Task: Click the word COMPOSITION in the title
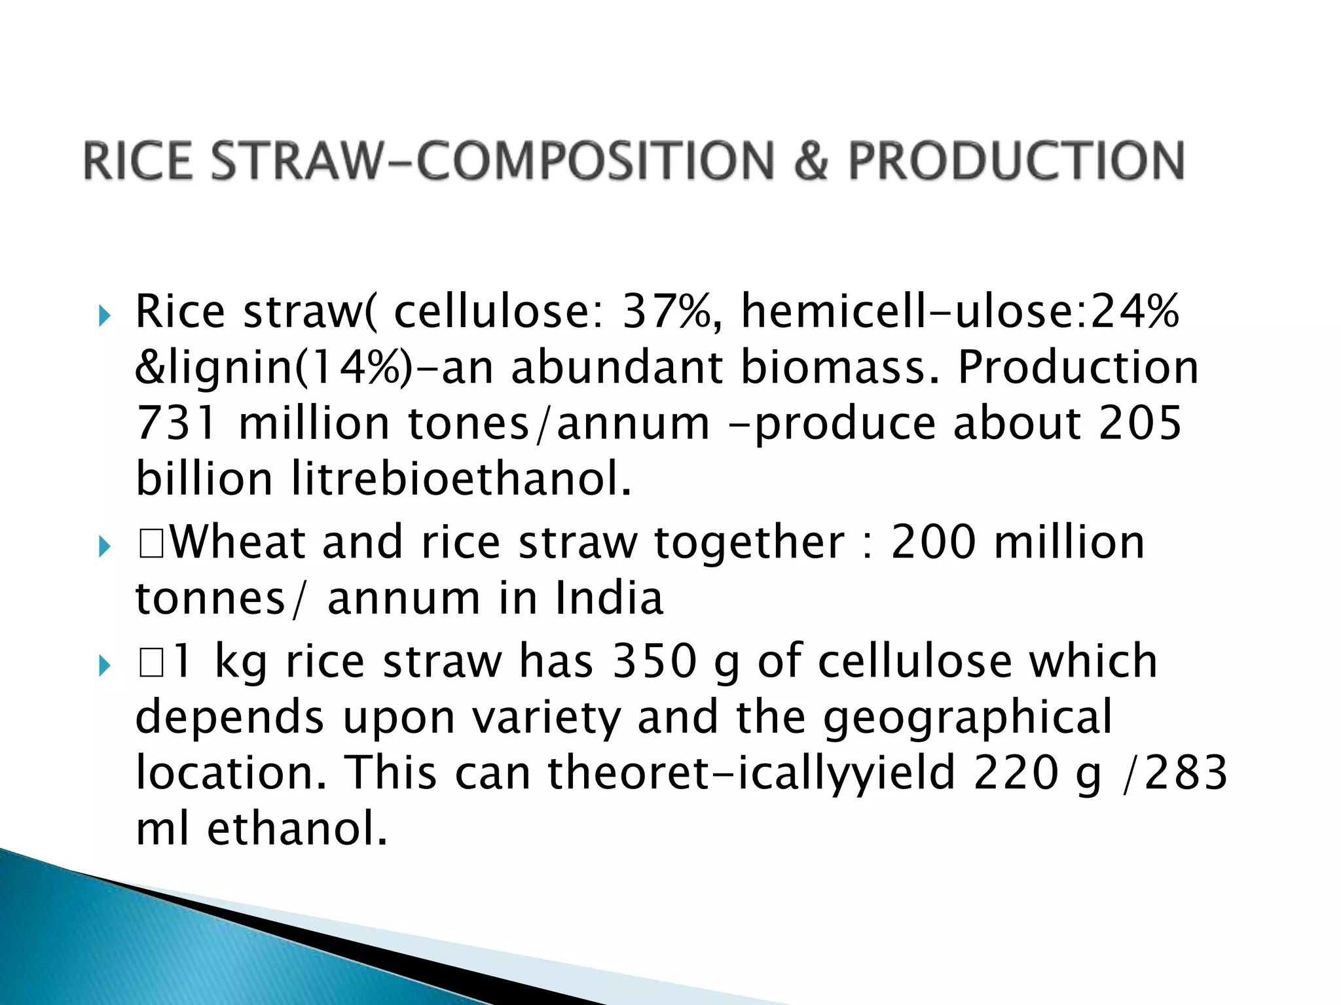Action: click(x=595, y=161)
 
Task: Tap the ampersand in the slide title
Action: click(x=811, y=161)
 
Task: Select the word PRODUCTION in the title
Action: click(x=1016, y=161)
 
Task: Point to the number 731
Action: click(x=175, y=423)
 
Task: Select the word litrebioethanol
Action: click(x=461, y=479)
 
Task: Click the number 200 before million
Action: click(x=932, y=543)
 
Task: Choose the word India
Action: click(x=609, y=599)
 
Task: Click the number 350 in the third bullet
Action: click(x=654, y=661)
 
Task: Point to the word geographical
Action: click(x=967, y=718)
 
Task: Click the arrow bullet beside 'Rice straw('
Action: click(x=104, y=318)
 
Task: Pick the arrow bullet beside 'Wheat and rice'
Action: click(x=104, y=547)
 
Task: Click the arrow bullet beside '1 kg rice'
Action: click(x=104, y=667)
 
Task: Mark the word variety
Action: click(x=545, y=718)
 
